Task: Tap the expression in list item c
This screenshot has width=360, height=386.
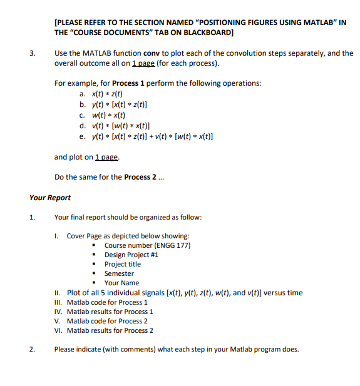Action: click(x=109, y=114)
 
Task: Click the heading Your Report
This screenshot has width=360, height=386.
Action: click(x=50, y=198)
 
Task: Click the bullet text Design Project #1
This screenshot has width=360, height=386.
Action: click(x=131, y=255)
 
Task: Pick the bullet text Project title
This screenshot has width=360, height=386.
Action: click(x=123, y=264)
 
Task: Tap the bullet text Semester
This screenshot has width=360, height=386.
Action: click(x=119, y=273)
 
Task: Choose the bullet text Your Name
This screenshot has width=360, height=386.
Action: click(x=121, y=283)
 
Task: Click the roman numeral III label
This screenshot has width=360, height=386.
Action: click(x=58, y=302)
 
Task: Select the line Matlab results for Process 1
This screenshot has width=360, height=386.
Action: click(x=110, y=312)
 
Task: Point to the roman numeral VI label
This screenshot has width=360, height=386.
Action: click(x=58, y=330)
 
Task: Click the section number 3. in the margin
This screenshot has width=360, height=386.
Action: click(x=32, y=53)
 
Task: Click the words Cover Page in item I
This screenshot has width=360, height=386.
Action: click(x=84, y=236)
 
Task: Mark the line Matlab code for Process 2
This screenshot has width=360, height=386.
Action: click(x=107, y=321)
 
